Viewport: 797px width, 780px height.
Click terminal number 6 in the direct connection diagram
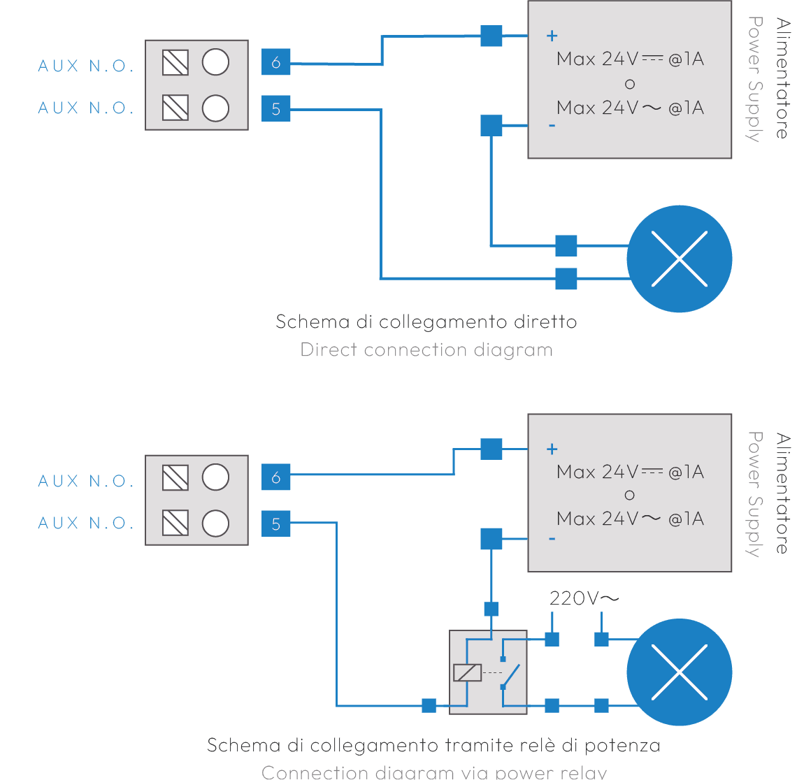(275, 63)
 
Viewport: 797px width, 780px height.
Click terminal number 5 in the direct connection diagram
(275, 108)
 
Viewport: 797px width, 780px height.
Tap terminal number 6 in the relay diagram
(275, 477)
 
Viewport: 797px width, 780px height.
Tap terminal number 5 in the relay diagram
(275, 523)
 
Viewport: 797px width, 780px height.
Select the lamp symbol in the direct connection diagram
(679, 259)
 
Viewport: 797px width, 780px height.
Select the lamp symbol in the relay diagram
(679, 672)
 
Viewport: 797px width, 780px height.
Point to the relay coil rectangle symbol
(467, 672)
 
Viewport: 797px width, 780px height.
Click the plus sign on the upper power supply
(552, 36)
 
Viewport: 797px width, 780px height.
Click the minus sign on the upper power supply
(552, 126)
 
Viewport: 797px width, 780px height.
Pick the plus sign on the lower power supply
(552, 449)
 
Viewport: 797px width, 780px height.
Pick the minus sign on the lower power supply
(552, 539)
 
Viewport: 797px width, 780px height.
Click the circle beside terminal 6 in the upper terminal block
(215, 63)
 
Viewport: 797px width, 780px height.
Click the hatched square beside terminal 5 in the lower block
(175, 523)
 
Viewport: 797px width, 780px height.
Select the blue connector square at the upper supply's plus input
(491, 36)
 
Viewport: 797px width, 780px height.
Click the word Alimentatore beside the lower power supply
(782, 493)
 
